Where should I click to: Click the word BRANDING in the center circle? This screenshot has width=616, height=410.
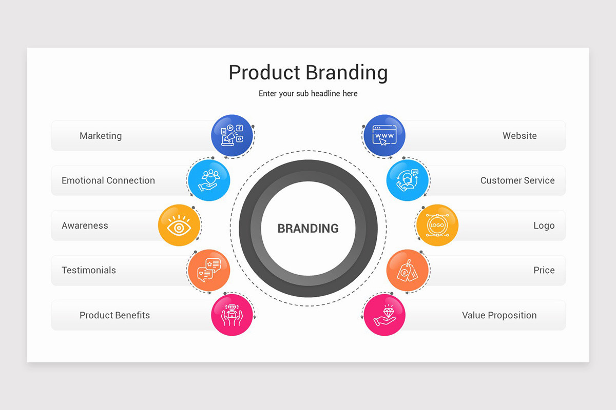coord(308,229)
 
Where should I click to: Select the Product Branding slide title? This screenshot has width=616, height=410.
coord(308,72)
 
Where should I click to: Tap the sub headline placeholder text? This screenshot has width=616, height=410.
coord(308,93)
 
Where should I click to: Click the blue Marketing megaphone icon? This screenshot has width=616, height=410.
coord(232,135)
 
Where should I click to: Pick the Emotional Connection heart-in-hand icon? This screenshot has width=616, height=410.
coord(209,180)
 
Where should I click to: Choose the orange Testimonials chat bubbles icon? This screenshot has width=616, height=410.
coord(208,270)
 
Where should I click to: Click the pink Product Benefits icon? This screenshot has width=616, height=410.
coord(232,315)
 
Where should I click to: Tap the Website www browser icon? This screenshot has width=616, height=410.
coord(384,135)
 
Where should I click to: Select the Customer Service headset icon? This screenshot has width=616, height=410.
coord(407,180)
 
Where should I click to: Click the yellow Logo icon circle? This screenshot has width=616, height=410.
coord(437,225)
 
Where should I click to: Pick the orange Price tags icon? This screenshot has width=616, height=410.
coord(407,270)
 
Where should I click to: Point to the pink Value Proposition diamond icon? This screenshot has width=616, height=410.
coord(384,315)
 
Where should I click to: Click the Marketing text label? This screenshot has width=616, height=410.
coord(101,136)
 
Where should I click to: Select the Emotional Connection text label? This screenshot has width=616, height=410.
coord(108,180)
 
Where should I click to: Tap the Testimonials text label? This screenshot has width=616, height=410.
coord(89,270)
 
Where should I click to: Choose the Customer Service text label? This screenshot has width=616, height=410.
coord(517,180)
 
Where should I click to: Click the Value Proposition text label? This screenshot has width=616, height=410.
coord(499,315)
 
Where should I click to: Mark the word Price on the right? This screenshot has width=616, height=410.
coord(544,270)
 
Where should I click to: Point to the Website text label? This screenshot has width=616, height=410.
coord(519,136)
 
